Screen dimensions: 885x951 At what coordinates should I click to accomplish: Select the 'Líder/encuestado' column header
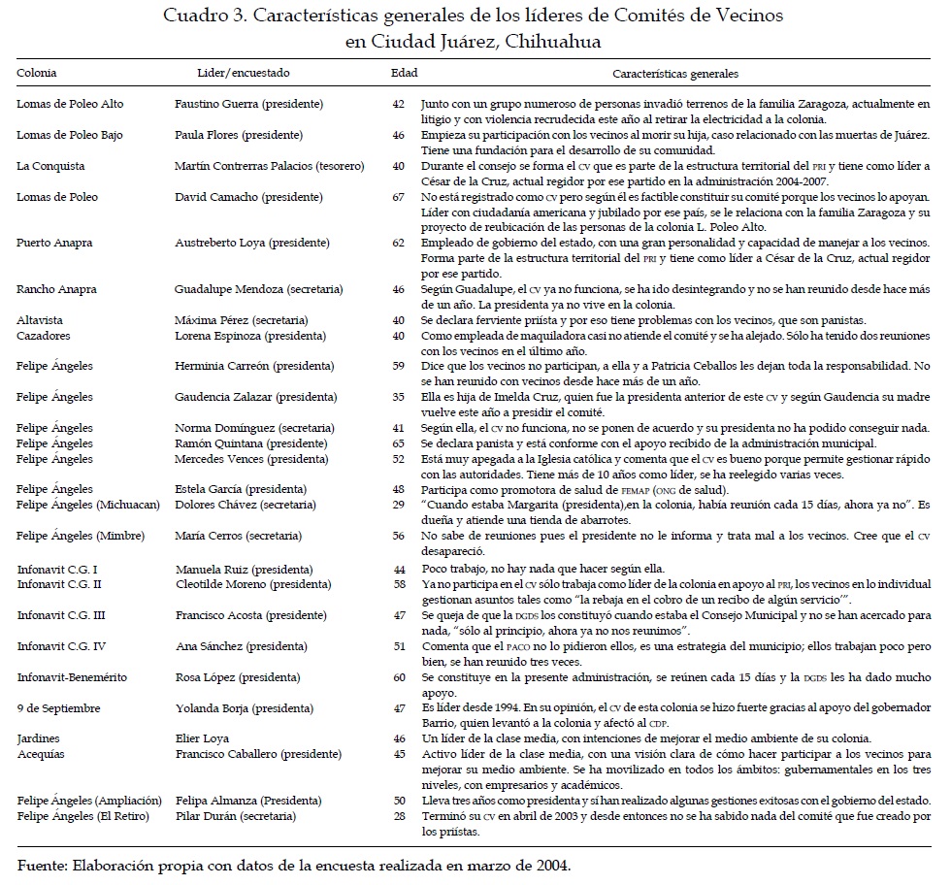(x=243, y=73)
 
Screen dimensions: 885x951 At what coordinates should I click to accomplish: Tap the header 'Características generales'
(x=675, y=73)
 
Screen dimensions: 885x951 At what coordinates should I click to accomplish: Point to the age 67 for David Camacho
(x=398, y=197)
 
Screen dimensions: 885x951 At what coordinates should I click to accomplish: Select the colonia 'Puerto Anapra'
(x=56, y=244)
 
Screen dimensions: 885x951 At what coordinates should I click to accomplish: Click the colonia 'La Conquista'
(x=50, y=166)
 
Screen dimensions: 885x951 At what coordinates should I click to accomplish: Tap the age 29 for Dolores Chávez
(x=398, y=505)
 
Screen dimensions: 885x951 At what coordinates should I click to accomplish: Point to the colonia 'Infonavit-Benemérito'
(x=71, y=677)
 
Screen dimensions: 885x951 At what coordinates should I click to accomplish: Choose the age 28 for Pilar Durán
(x=398, y=816)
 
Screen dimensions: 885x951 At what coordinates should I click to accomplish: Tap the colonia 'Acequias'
(x=41, y=753)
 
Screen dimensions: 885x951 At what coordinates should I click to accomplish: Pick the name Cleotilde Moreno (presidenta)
(x=252, y=585)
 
